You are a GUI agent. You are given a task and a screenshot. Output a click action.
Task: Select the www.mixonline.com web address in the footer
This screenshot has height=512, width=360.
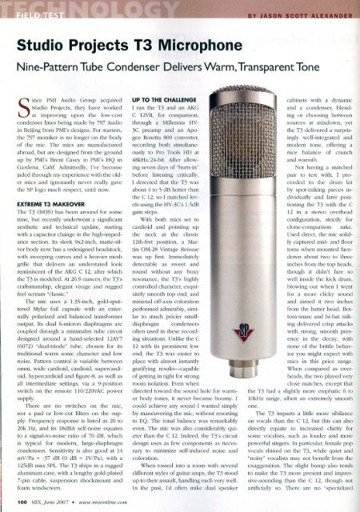pos(103,502)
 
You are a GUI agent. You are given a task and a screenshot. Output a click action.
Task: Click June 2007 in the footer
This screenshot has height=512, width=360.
pos(60,502)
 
